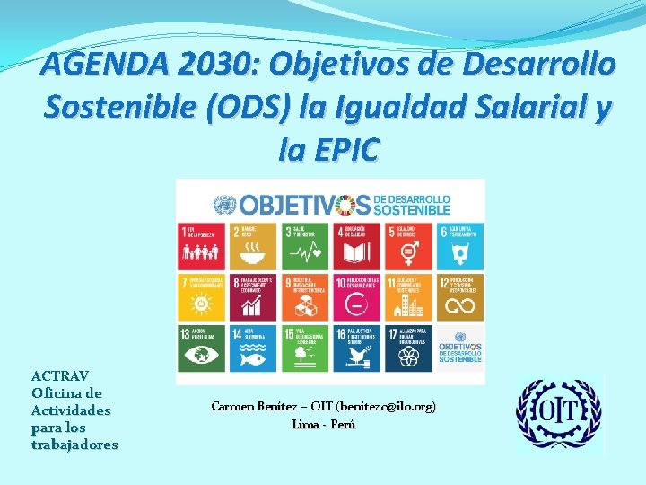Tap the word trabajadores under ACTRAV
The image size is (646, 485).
click(x=74, y=445)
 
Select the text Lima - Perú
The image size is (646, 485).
click(x=324, y=424)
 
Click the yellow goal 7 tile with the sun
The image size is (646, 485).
click(x=202, y=296)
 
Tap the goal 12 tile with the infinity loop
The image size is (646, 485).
click(x=459, y=296)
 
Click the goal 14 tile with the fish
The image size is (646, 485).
click(x=253, y=348)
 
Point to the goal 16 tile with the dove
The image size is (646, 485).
click(x=356, y=348)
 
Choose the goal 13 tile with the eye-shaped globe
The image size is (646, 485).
click(x=202, y=348)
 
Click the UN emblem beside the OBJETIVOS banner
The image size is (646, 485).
click(x=224, y=203)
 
